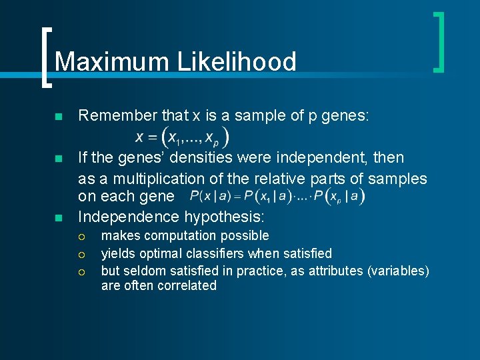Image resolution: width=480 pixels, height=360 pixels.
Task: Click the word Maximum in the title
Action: pos(111,62)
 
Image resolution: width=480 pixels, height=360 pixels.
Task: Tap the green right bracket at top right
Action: pos(438,41)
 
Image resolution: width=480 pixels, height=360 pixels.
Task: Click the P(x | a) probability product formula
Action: pos(277,196)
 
